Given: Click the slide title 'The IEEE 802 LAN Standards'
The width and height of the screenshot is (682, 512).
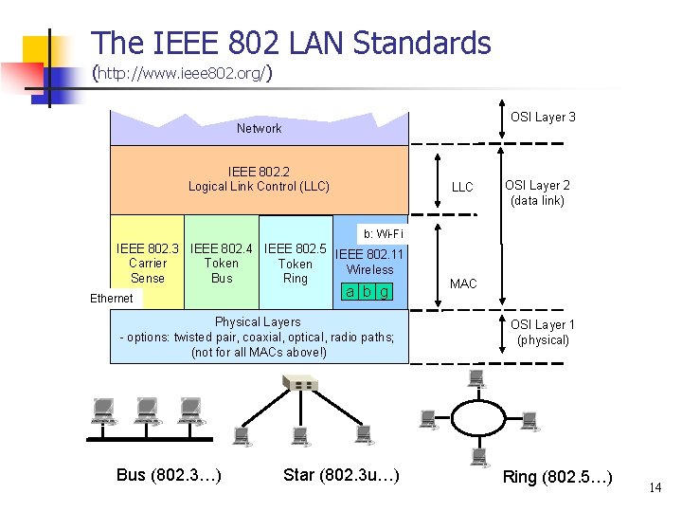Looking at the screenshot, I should pos(292,43).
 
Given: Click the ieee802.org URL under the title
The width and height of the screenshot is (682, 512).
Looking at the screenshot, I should pos(184,72).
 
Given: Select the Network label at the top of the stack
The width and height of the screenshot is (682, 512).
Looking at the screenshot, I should pos(259,128).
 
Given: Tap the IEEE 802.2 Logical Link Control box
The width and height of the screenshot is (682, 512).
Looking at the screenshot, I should pos(259,179).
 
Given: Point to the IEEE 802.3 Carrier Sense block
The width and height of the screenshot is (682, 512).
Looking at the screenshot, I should pos(147,264).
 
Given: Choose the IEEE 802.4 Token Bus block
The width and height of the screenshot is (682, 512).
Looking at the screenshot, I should pos(222,264).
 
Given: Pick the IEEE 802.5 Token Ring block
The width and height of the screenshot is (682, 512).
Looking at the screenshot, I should pos(296,264).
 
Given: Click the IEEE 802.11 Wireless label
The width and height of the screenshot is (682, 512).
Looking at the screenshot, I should pos(369,262).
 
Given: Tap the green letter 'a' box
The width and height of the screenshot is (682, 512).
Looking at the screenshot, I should pos(350,291).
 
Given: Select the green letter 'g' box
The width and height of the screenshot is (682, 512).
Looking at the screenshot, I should pos(384,291).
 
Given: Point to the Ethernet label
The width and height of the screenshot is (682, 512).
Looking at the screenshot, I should pos(112,299).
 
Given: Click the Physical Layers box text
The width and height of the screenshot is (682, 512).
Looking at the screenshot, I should pos(259,338).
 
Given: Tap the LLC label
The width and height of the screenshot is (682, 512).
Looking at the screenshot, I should pos(462,188).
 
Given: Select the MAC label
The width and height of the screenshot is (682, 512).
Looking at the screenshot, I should pos(463,284).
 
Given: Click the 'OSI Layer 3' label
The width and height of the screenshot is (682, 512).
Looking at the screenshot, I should pos(543,118).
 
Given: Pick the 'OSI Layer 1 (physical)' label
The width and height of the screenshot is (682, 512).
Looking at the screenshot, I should pos(543,332).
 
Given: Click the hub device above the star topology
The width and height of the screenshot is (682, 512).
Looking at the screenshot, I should pos(300,383).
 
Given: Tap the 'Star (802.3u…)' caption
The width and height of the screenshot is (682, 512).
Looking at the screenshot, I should pos(341,474).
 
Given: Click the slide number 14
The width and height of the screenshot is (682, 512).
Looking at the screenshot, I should pos(655,487).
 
